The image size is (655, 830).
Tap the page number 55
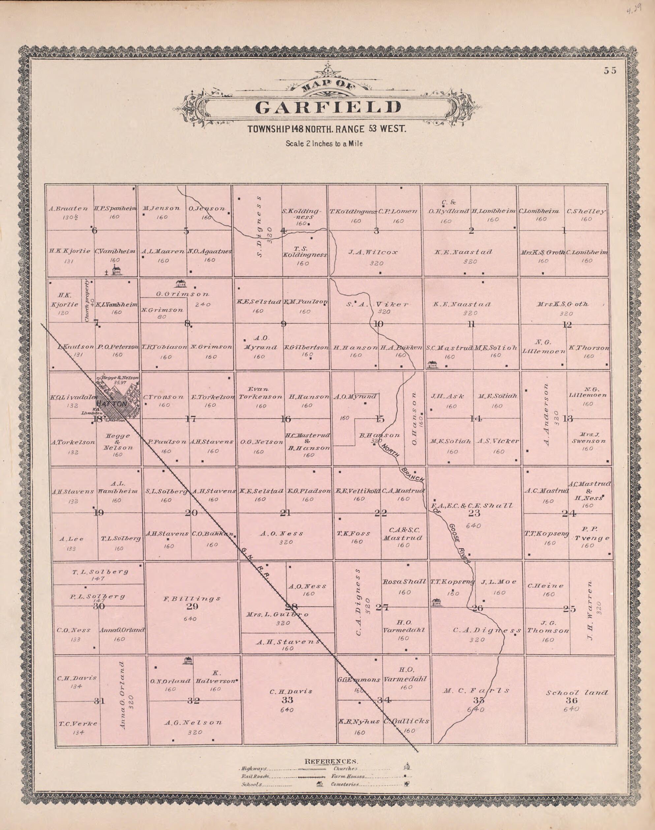610,71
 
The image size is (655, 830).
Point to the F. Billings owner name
192,598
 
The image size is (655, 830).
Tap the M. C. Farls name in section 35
477,690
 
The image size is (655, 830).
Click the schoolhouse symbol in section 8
180,284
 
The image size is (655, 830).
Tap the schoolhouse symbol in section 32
188,660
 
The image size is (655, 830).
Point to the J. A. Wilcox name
373,252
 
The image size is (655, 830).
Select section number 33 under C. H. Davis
287,700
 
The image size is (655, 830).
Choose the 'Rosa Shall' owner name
404,582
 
